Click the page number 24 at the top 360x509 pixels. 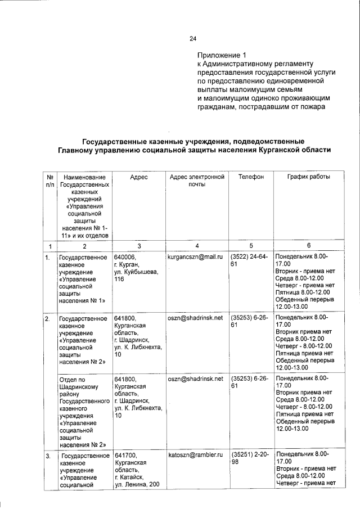pyautogui.click(x=193, y=39)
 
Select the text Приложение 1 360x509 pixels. pyautogui.click(x=222, y=56)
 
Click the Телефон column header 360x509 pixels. pyautogui.click(x=250, y=177)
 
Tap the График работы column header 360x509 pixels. pyautogui.click(x=309, y=177)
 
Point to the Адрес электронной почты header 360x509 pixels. pyautogui.click(x=197, y=181)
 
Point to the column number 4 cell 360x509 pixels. pyautogui.click(x=197, y=246)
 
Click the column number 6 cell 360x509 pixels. pyautogui.click(x=308, y=246)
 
